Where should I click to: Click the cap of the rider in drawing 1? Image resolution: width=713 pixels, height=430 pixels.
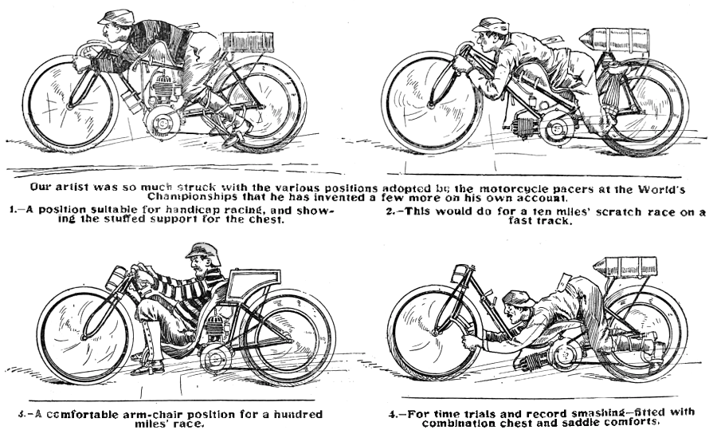pyautogui.click(x=116, y=18)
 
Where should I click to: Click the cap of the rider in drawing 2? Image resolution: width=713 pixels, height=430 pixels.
pyautogui.click(x=490, y=25)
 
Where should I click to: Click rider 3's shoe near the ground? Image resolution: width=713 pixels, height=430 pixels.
pyautogui.click(x=147, y=368)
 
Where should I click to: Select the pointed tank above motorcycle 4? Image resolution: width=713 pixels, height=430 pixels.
pyautogui.click(x=625, y=266)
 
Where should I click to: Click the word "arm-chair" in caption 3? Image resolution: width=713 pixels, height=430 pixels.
pyautogui.click(x=151, y=415)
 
